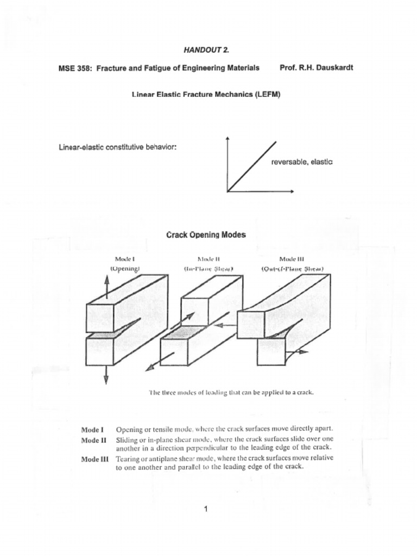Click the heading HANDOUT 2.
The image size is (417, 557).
(x=206, y=50)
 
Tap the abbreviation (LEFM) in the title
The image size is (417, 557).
(x=264, y=94)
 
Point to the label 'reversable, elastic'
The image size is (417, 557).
(x=302, y=162)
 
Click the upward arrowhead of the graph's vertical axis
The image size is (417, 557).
(x=228, y=138)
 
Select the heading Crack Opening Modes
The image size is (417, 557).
(x=206, y=235)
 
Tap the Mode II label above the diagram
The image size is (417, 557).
(x=208, y=259)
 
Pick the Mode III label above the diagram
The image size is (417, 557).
(x=292, y=259)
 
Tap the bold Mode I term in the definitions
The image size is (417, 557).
(x=92, y=429)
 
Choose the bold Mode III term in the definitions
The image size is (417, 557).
(x=94, y=459)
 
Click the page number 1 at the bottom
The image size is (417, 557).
(x=206, y=509)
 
